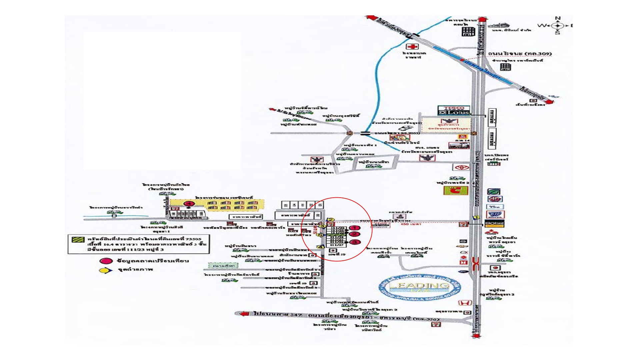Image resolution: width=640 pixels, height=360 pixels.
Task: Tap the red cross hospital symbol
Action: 412,47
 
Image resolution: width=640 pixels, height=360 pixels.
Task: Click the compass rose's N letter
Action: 557,18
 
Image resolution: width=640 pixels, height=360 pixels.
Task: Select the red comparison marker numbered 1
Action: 355,228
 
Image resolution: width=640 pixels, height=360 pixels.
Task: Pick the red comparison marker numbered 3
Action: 355,242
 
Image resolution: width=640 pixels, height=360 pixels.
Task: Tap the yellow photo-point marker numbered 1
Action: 476,218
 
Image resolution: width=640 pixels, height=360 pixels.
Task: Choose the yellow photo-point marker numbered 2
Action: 330,220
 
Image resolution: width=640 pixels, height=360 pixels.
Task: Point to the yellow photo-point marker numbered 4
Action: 321,247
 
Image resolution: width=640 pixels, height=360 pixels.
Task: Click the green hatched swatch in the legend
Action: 78,239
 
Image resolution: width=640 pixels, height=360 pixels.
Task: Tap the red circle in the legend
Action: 106,261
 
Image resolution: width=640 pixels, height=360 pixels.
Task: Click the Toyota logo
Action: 461,167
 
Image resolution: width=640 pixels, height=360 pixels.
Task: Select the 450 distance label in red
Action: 404,224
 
